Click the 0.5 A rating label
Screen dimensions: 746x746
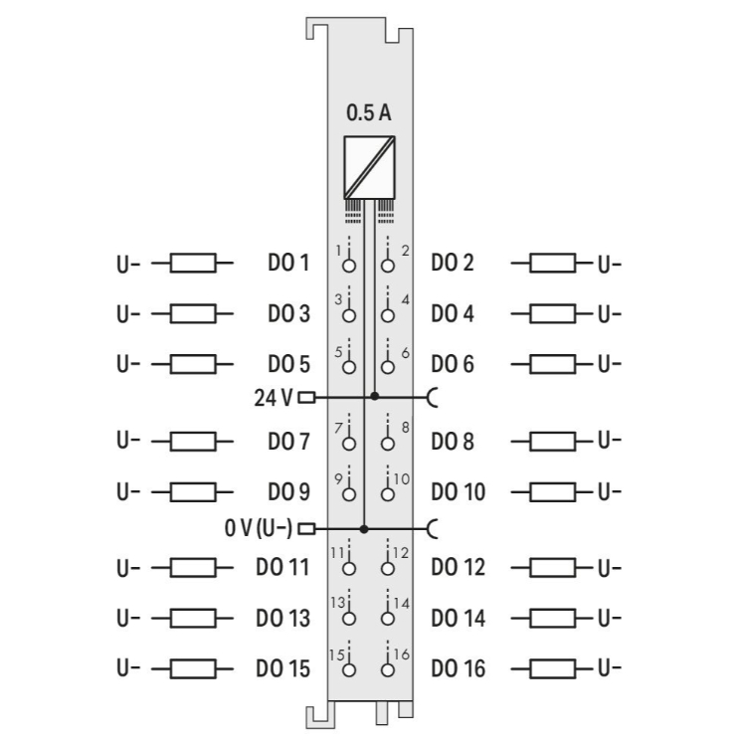point(368,113)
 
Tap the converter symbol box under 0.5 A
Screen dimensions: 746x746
point(368,166)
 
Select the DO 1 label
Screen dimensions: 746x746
point(288,264)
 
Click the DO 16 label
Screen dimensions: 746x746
point(459,667)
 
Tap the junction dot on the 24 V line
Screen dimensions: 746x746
point(374,396)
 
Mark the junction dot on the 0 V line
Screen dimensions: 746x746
point(364,528)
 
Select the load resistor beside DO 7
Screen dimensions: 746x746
point(193,440)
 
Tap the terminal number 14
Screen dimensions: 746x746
point(401,603)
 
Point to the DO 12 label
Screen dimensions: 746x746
point(459,568)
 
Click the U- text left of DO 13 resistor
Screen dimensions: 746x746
point(128,618)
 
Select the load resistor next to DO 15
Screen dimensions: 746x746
point(193,667)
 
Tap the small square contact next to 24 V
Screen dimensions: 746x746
point(305,397)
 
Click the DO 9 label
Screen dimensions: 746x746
point(288,491)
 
